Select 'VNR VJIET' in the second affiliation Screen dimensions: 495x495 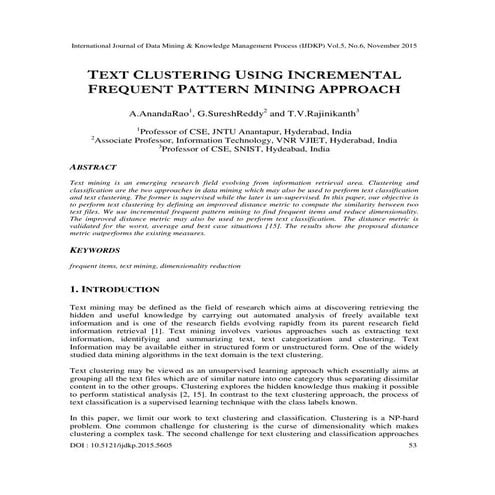pos(329,142)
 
